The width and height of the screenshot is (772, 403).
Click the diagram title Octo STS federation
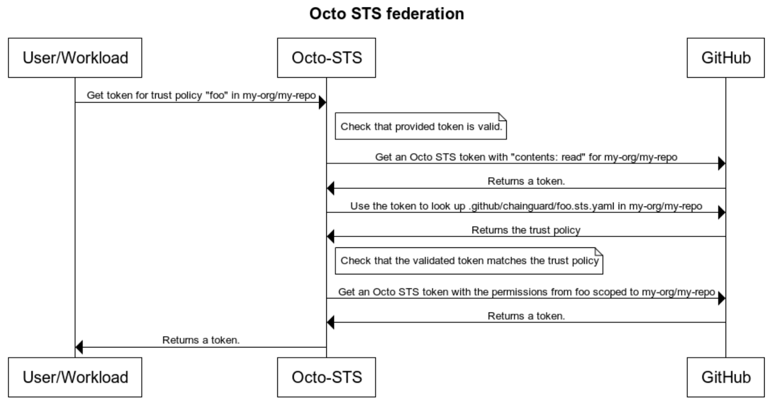click(x=386, y=13)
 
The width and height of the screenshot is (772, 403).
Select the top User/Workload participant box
click(x=75, y=58)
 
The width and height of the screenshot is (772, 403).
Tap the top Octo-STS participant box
click(x=326, y=58)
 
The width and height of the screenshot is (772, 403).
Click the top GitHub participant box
click(x=725, y=58)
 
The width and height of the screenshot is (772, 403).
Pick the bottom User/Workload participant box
click(x=75, y=377)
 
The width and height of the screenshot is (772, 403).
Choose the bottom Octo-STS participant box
click(x=326, y=377)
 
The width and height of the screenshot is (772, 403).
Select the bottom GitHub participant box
click(x=725, y=377)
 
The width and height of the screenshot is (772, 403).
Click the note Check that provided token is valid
click(x=421, y=127)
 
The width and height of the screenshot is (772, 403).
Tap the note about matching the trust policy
click(x=469, y=261)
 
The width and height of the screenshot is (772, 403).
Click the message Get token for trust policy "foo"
click(x=201, y=95)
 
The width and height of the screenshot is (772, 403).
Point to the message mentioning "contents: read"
click(x=526, y=157)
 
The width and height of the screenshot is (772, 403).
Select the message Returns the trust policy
click(x=526, y=230)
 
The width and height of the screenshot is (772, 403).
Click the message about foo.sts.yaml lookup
click(x=526, y=206)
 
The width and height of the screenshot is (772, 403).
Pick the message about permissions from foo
click(x=526, y=292)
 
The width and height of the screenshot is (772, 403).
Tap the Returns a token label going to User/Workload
click(x=201, y=340)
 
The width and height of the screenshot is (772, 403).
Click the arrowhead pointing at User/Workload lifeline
click(x=79, y=347)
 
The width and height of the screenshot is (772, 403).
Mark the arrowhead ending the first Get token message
click(x=322, y=102)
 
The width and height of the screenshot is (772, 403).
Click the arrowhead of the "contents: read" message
click(x=722, y=163)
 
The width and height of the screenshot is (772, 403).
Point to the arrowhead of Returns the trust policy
click(x=331, y=237)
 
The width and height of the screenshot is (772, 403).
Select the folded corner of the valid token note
click(x=503, y=116)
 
